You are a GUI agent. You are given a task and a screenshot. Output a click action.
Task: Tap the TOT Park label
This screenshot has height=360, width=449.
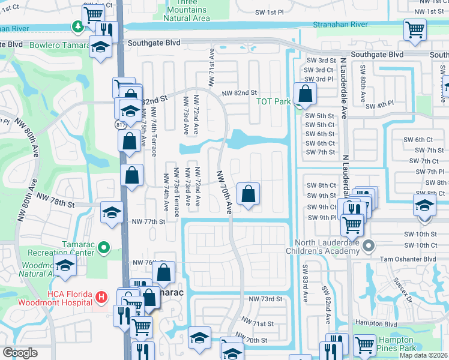coord(274,101)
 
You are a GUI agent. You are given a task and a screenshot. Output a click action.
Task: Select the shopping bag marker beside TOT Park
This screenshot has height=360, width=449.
coord(306,94)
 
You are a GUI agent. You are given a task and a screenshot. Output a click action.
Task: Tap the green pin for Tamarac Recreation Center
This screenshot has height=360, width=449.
coord(104,247)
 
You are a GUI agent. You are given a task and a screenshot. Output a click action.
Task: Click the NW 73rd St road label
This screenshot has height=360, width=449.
coord(265,299)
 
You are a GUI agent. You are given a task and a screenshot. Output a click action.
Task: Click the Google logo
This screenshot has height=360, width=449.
coord(20,352)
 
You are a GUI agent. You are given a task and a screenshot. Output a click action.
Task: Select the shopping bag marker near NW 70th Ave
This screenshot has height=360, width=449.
coord(248,194)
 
